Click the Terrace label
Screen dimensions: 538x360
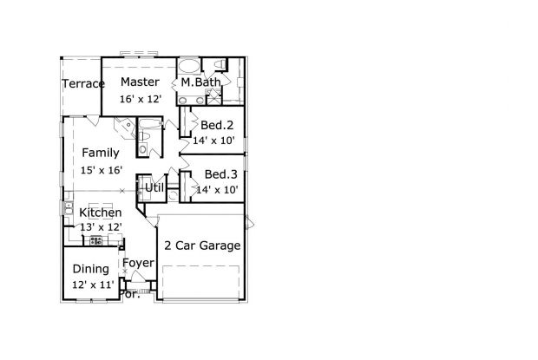[83, 83]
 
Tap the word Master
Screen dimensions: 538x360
[140, 82]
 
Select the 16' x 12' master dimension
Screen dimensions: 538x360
[141, 99]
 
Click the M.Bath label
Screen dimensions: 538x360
[201, 82]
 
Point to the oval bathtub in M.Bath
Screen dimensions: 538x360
[189, 66]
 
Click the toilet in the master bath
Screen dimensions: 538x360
[220, 64]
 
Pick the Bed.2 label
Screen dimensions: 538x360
[217, 125]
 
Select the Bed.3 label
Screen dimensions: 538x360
[221, 174]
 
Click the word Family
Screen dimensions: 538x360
[101, 153]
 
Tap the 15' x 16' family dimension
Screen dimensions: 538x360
[102, 170]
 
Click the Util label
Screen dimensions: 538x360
[154, 188]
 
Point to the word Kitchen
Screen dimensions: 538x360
[101, 213]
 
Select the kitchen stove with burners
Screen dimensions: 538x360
[95, 240]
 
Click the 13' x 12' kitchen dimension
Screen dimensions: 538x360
[102, 227]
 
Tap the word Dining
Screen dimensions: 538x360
[91, 269]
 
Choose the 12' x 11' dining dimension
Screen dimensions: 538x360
[93, 285]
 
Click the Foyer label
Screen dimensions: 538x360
[138, 263]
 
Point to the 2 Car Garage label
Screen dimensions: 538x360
[202, 245]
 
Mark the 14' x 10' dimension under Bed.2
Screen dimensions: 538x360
[213, 141]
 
